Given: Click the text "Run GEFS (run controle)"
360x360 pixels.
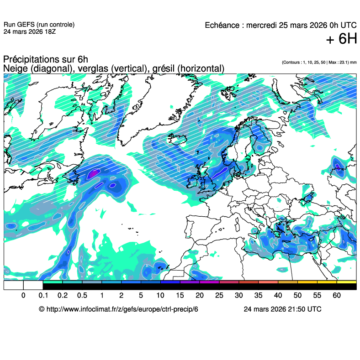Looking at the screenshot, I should tap(39, 25).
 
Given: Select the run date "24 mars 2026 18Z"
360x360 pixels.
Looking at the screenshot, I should tap(30, 32).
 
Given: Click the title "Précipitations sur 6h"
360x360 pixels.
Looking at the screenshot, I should tap(46, 60).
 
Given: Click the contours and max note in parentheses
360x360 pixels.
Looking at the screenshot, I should tap(319, 62).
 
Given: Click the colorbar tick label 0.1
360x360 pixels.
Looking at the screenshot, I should tap(43, 296).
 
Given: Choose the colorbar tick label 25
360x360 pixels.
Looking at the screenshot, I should tap(219, 296).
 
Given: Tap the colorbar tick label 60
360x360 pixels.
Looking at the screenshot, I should tap(337, 296).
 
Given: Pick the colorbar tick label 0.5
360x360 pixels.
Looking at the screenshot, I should tap(82, 296).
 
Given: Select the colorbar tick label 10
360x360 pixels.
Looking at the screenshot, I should tap(160, 296).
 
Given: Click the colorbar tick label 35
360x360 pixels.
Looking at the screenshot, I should tap(259, 296).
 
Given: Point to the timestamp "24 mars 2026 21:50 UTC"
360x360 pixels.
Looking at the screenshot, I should tap(282, 309).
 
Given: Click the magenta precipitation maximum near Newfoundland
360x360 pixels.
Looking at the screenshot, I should tap(93, 173).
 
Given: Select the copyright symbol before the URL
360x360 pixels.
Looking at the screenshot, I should tap(42, 309).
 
